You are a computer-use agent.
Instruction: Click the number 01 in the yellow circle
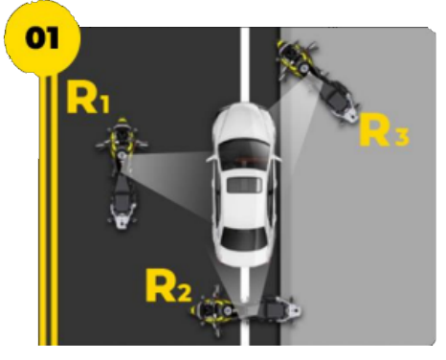(x=42, y=37)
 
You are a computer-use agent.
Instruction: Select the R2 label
(x=168, y=285)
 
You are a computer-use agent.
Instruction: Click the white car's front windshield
(x=244, y=154)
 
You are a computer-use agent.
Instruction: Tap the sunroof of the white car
(x=244, y=186)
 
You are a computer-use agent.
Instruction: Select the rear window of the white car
(x=244, y=238)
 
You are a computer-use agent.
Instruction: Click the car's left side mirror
(x=211, y=158)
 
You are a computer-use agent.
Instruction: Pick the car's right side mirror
(x=277, y=158)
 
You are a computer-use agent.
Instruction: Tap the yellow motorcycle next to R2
(x=213, y=310)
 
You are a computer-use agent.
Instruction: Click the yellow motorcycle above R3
(x=296, y=59)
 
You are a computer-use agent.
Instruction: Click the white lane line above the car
(x=245, y=64)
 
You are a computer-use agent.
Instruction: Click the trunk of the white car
(x=244, y=258)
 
